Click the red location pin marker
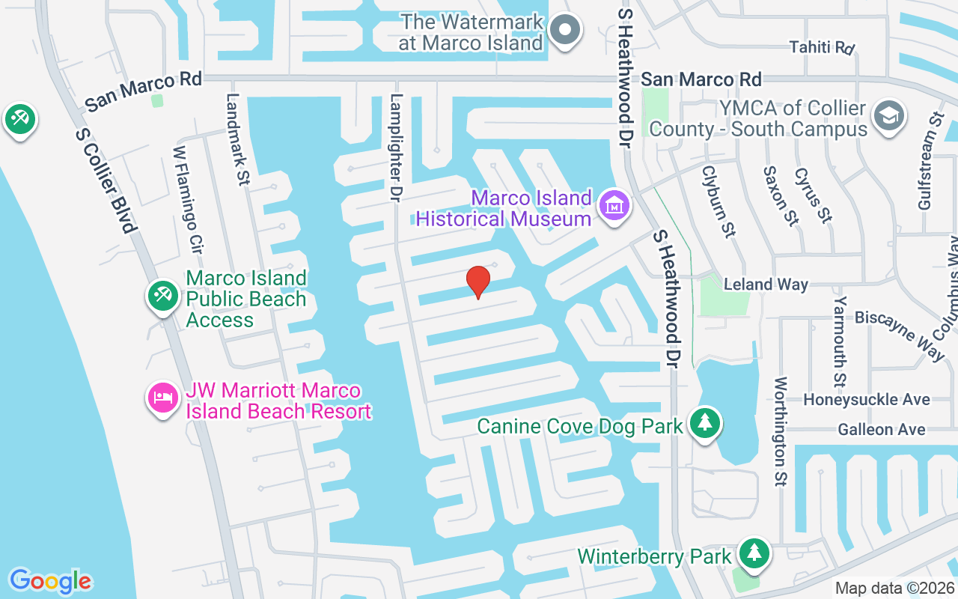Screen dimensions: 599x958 tap(478, 282)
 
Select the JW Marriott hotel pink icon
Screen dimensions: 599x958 tap(162, 397)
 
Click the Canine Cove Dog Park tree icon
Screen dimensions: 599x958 tap(704, 423)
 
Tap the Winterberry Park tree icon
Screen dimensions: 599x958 tap(754, 553)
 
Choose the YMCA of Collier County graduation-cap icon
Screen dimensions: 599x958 tap(888, 116)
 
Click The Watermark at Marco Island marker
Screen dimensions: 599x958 tap(566, 30)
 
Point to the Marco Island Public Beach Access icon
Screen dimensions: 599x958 tap(162, 294)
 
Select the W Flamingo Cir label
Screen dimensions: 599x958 tap(189, 198)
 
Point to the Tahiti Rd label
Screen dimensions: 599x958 tap(822, 47)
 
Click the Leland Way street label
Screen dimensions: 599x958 tap(766, 285)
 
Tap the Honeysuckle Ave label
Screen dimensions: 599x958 tap(866, 400)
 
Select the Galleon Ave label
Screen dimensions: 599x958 tap(881, 430)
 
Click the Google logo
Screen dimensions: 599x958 tap(50, 580)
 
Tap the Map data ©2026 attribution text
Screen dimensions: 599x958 tap(894, 589)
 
